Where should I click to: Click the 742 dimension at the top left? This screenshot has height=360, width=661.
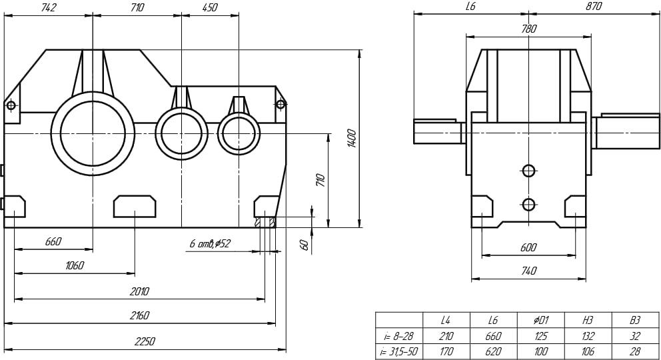pyautogui.click(x=48, y=7)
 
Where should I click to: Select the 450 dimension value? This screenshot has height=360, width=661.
pyautogui.click(x=209, y=7)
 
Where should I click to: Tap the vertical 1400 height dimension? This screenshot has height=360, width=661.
pyautogui.click(x=352, y=138)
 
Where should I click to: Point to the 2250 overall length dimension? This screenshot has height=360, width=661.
pyautogui.click(x=145, y=341)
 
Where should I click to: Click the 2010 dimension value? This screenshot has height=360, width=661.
pyautogui.click(x=139, y=291)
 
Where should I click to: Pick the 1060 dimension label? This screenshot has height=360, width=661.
pyautogui.click(x=75, y=265)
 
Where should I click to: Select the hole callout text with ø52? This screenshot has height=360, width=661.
pyautogui.click(x=210, y=244)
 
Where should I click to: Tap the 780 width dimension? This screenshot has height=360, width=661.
pyautogui.click(x=528, y=29)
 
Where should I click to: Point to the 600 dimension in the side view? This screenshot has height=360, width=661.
pyautogui.click(x=528, y=247)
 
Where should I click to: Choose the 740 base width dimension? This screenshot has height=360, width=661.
pyautogui.click(x=528, y=271)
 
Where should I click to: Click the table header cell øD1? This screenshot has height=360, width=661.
pyautogui.click(x=541, y=320)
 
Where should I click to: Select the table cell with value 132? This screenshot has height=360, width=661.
pyautogui.click(x=587, y=336)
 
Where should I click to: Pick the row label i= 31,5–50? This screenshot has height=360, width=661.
pyautogui.click(x=398, y=351)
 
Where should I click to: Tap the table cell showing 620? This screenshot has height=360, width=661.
pyautogui.click(x=493, y=351)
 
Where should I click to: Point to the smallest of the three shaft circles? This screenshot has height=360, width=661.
pyautogui.click(x=239, y=133)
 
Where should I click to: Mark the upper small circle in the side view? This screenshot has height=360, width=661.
pyautogui.click(x=528, y=171)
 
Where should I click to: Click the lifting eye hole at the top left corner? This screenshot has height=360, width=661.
pyautogui.click(x=11, y=105)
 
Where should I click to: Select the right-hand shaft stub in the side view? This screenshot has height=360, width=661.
pyautogui.click(x=626, y=131)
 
